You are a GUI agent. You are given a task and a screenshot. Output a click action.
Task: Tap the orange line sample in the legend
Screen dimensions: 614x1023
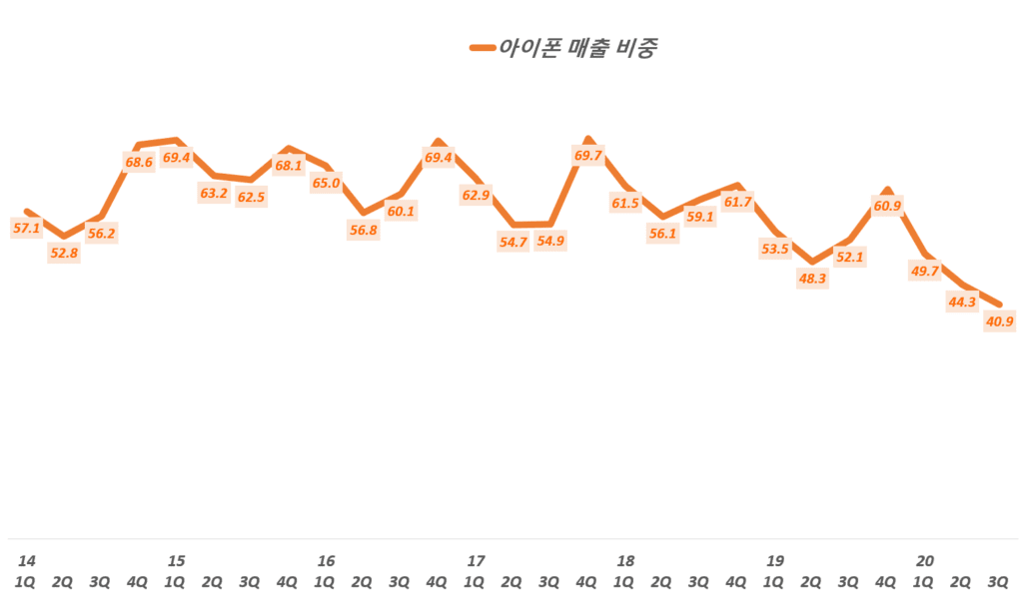[x=483, y=48]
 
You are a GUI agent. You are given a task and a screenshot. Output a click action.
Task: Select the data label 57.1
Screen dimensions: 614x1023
[x=26, y=229]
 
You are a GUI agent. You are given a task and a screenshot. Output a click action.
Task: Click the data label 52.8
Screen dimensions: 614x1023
[x=64, y=254]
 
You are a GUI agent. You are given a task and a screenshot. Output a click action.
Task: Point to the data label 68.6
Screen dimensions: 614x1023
[x=138, y=162]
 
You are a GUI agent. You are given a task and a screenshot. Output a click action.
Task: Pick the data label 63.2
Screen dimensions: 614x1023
[x=214, y=193]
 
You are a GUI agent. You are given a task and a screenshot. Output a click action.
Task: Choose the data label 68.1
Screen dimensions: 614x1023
[x=288, y=166]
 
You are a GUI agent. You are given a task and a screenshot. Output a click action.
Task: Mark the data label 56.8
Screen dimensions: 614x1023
[x=363, y=230]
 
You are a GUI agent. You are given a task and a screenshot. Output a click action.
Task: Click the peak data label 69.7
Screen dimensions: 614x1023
[x=587, y=157]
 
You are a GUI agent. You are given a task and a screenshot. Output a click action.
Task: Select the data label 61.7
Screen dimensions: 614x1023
[x=737, y=203]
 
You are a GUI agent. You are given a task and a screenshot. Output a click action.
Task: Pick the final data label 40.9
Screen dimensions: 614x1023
[x=999, y=321]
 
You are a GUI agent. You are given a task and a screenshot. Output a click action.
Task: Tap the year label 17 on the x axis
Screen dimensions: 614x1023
[x=476, y=561]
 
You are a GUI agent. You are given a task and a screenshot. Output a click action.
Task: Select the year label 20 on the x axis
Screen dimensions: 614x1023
[x=925, y=561]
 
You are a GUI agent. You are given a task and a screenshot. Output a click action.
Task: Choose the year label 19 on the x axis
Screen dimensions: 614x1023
[x=775, y=561]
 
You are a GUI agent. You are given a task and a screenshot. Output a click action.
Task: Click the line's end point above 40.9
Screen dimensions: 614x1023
[x=999, y=305]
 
